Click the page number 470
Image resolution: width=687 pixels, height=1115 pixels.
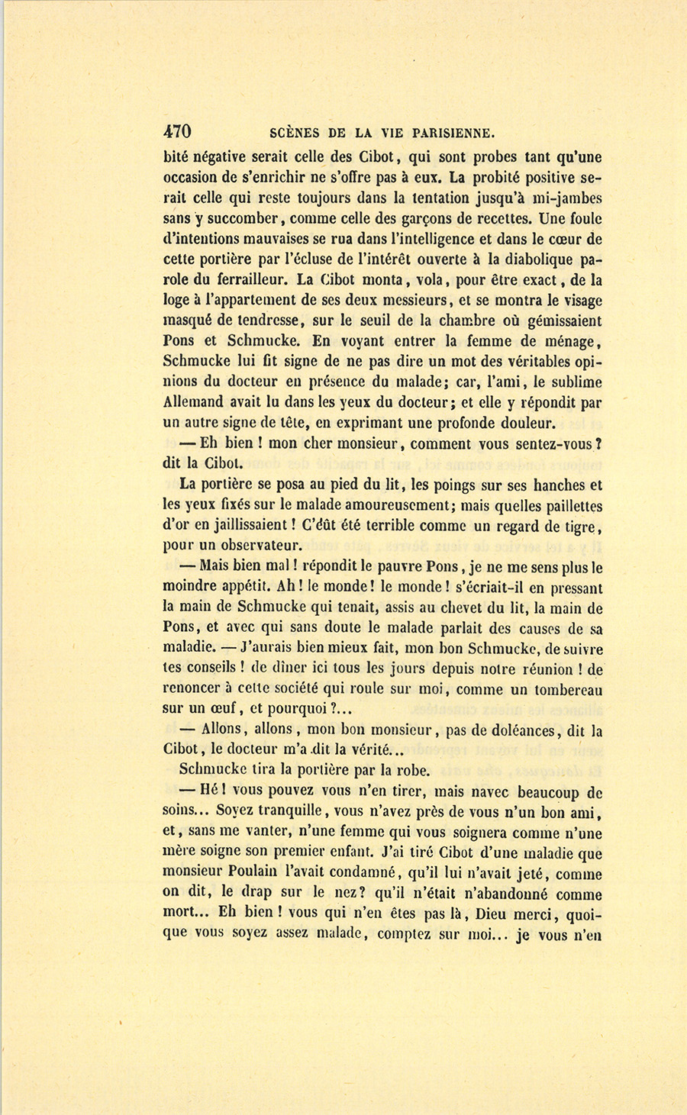177,131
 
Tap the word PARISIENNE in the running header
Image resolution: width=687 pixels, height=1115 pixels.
451,131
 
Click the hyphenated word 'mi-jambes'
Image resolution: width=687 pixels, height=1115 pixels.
561,198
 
